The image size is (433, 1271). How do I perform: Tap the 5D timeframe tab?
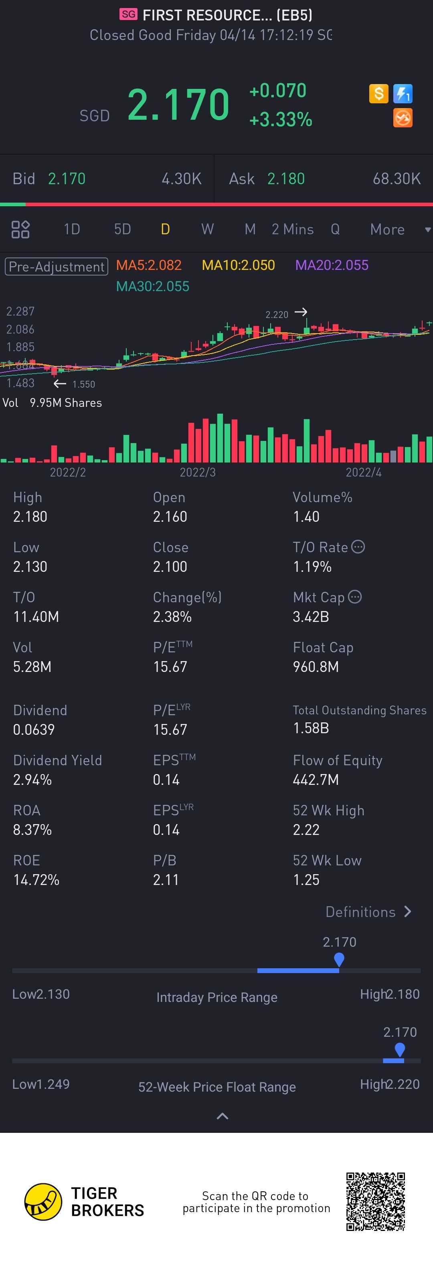tap(122, 229)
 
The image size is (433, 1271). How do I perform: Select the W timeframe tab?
tap(207, 229)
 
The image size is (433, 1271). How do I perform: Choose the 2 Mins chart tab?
tap(292, 229)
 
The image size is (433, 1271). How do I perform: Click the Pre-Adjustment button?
tap(56, 266)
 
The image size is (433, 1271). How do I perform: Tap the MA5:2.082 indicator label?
tap(149, 265)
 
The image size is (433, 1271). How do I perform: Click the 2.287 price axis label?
tap(20, 311)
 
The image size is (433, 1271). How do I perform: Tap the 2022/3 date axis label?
tap(198, 472)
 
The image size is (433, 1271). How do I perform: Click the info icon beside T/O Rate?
tap(358, 547)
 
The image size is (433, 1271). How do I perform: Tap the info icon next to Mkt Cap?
tap(354, 597)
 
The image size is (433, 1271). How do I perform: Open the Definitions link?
tap(368, 912)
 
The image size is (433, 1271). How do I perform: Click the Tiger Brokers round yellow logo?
tap(43, 1201)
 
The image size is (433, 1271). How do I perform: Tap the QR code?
tap(375, 1201)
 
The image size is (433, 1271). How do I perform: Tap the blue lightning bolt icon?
tap(403, 93)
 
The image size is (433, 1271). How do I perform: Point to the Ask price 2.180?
tap(285, 179)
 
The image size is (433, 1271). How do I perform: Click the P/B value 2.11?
tap(166, 880)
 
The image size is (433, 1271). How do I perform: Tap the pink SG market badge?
tap(128, 14)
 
